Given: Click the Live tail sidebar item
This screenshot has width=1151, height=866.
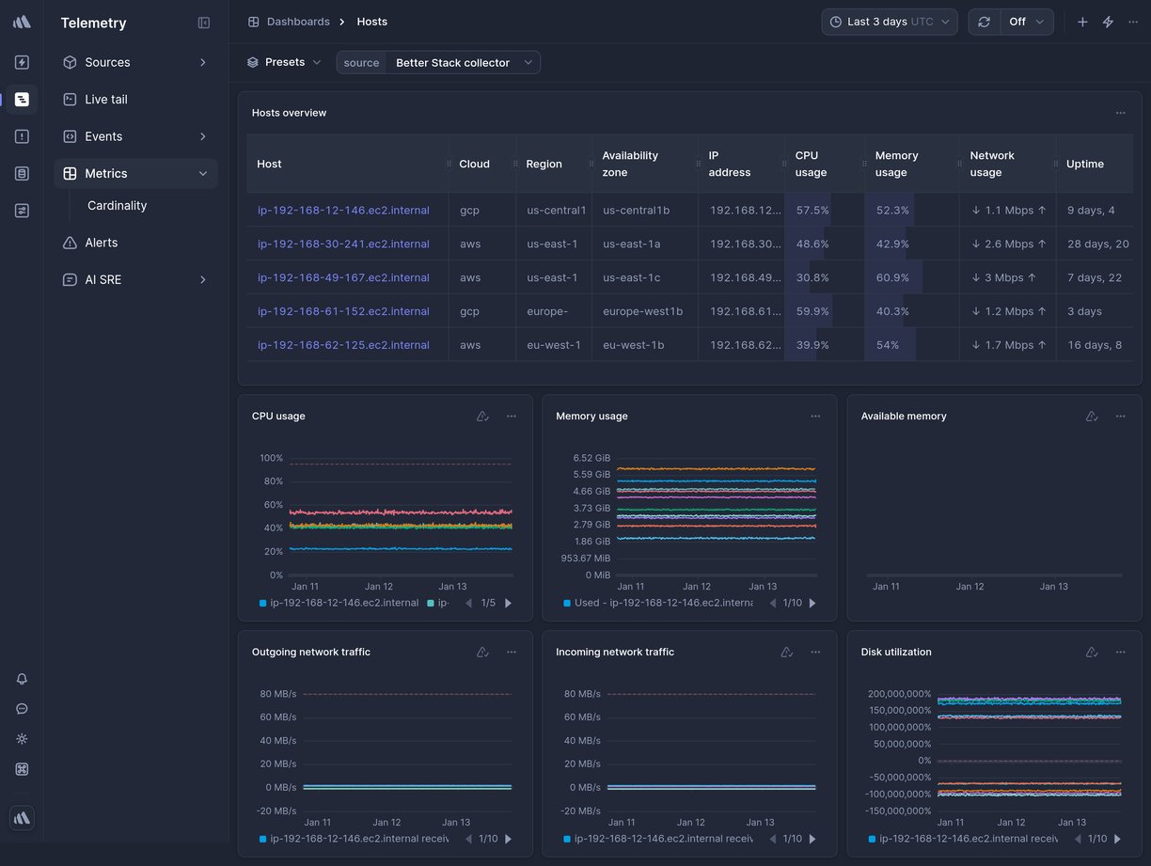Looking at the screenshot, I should (x=105, y=100).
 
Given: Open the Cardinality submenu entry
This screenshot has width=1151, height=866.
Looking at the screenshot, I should (x=117, y=206).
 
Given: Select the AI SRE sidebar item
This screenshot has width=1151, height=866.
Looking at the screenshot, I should (x=102, y=280).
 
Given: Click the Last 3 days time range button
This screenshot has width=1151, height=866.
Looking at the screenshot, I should (x=889, y=22).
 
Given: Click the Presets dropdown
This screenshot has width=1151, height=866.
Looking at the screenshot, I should (x=284, y=63).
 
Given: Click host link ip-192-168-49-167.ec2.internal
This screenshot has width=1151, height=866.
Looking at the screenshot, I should (x=343, y=278).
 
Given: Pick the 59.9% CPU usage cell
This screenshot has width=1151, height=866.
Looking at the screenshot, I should (x=812, y=311).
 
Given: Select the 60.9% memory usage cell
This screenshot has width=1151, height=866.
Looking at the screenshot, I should (x=892, y=278).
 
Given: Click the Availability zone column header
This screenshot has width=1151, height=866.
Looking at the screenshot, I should (x=630, y=164).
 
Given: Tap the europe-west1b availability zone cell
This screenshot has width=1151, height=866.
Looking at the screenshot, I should (x=642, y=311).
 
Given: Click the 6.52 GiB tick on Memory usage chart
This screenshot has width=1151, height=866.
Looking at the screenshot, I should (x=591, y=458).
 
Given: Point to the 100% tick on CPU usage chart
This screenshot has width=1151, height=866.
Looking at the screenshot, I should (x=271, y=458).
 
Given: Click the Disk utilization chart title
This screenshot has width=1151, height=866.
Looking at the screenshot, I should (x=895, y=653).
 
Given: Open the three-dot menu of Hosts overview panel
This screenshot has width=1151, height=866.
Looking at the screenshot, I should (x=1120, y=113).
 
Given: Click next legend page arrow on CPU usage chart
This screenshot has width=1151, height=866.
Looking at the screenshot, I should (x=509, y=604).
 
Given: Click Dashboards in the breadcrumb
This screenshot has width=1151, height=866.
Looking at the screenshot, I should (x=297, y=22).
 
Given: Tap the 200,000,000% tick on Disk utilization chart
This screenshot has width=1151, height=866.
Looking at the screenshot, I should (x=900, y=694).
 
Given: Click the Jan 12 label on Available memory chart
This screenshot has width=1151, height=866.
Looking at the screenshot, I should (x=970, y=587).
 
